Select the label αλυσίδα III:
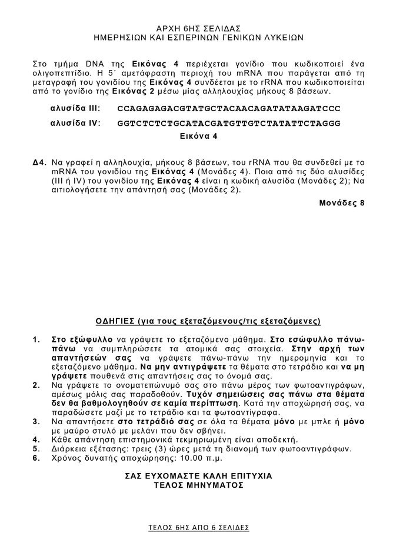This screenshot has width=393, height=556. (75, 109)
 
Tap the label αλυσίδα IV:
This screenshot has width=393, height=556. (75, 123)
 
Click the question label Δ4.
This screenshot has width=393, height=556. (39, 161)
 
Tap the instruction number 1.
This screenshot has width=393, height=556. (36, 339)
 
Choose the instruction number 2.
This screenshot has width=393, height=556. (36, 385)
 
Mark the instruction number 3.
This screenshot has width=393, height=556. (36, 422)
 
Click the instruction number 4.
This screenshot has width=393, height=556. (36, 439)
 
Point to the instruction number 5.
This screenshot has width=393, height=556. (36, 448)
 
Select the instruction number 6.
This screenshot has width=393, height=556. (36, 458)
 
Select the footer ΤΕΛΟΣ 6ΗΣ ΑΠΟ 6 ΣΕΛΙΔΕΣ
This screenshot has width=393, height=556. (198, 527)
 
